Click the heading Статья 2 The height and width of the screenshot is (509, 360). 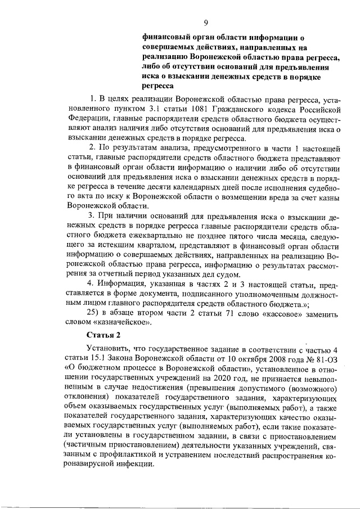pos(103,336)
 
